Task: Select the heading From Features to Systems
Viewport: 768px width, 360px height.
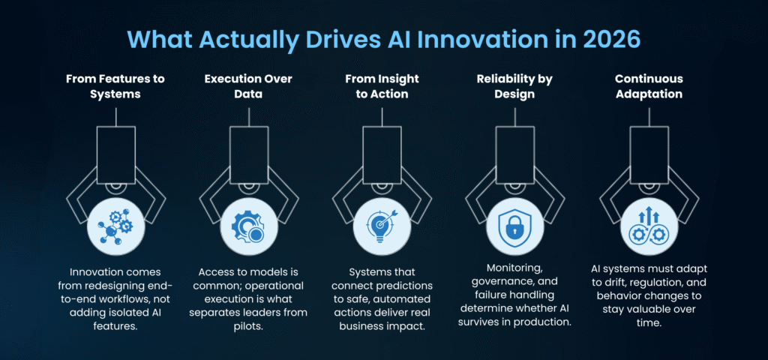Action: pos(115,85)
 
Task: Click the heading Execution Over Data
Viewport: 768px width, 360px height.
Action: pos(249,85)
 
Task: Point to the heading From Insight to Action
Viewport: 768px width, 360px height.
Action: pos(382,85)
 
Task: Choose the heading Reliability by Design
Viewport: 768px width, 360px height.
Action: pos(514,85)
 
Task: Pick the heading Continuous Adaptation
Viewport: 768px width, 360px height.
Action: pos(649,85)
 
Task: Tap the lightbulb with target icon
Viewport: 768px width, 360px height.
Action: pos(382,226)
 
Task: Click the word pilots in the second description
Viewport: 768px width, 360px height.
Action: pos(248,326)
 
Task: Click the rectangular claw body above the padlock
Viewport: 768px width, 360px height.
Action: pos(514,154)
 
